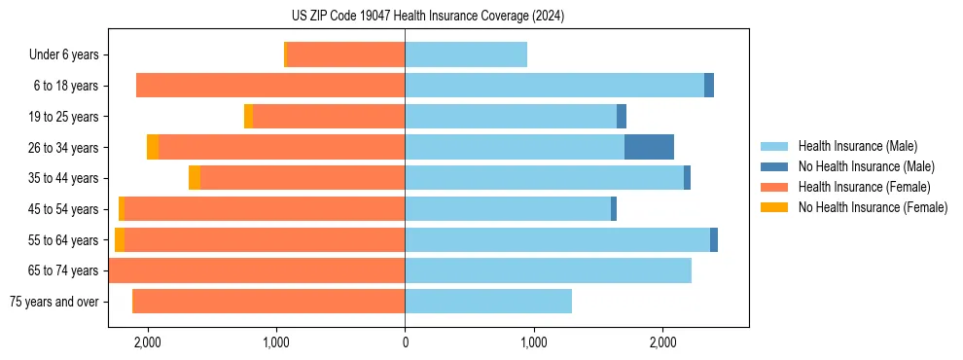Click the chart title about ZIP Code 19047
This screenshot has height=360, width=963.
[x=427, y=16]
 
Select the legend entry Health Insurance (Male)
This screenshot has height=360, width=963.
[x=852, y=146]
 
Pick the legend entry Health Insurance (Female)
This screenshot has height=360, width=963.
[x=857, y=187]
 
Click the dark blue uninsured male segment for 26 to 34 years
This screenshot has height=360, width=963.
[x=649, y=147]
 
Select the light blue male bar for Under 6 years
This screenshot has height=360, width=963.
[x=466, y=54]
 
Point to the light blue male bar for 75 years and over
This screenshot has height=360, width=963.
[x=488, y=301]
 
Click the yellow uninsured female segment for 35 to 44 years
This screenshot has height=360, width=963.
[x=195, y=178]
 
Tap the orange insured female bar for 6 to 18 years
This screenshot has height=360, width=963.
[x=270, y=86]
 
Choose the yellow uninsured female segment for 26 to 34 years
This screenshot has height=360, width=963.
[x=153, y=147]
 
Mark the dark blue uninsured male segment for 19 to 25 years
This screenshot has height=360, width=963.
[x=622, y=117]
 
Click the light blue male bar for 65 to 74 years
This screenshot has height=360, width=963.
[x=548, y=270]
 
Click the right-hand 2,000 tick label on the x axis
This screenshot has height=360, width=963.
[x=661, y=343]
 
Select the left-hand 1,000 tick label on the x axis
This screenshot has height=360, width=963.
[x=276, y=343]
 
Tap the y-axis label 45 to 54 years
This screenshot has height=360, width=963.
[x=66, y=209]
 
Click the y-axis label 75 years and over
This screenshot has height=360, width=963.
[x=53, y=302]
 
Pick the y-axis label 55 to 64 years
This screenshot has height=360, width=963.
[x=66, y=240]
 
